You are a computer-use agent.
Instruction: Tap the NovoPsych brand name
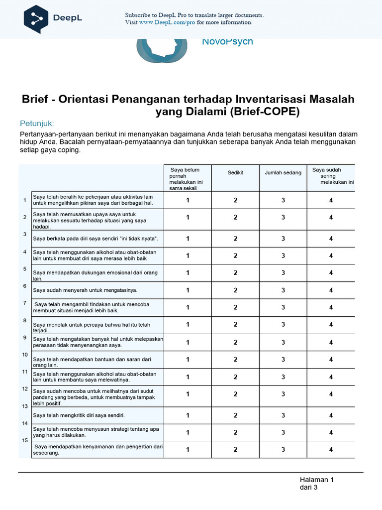(x=227, y=41)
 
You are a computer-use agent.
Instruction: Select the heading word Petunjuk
(x=36, y=123)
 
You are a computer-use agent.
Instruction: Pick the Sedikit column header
(x=235, y=173)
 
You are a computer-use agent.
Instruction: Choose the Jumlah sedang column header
(x=283, y=173)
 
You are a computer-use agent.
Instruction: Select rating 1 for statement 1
(x=188, y=200)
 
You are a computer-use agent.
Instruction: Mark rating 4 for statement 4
(x=331, y=255)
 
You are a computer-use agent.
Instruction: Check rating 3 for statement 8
(x=283, y=325)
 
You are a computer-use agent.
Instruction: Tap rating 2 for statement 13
(x=235, y=415)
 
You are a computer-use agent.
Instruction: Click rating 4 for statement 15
(x=331, y=449)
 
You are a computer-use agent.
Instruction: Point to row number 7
(x=24, y=303)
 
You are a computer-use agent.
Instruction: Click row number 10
(x=24, y=355)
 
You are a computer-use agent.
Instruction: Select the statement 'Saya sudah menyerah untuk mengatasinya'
(x=85, y=290)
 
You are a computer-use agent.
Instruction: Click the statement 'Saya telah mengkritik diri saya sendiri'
(x=79, y=415)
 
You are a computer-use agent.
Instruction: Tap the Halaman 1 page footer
(x=316, y=480)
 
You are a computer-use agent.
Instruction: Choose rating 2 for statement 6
(x=235, y=290)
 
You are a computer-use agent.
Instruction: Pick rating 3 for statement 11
(x=283, y=377)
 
